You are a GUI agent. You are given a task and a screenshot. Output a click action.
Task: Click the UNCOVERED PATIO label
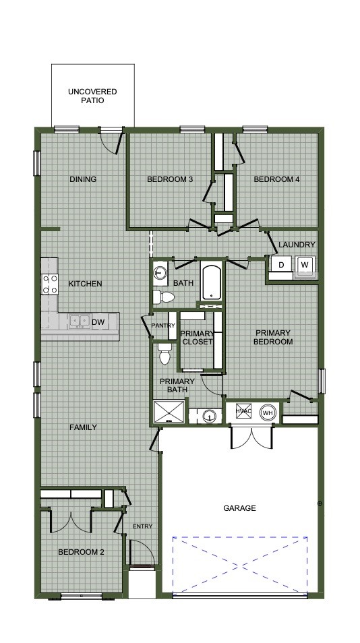tap(92, 96)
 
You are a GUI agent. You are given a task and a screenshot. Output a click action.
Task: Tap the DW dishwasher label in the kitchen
tap(98, 322)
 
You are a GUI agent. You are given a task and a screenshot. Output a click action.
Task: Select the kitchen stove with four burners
tap(49, 284)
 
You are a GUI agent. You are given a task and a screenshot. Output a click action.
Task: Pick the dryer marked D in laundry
tap(281, 265)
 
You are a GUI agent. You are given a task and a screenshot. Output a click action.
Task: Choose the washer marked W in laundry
tap(305, 265)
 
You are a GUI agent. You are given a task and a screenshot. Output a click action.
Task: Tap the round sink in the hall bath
tap(160, 273)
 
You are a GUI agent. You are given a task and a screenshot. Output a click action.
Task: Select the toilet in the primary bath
tap(164, 355)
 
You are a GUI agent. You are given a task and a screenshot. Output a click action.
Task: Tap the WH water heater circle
tap(268, 412)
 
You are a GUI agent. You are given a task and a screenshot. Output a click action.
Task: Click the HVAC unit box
tap(243, 412)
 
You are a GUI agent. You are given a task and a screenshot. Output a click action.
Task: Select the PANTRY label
tap(163, 326)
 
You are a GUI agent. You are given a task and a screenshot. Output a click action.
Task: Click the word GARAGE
tap(239, 508)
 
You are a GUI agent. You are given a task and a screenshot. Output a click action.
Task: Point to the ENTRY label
tap(142, 526)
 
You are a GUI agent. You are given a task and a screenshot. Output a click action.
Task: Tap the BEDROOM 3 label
tap(170, 179)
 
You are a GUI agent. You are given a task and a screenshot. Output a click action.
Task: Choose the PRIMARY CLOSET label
tap(198, 337)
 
